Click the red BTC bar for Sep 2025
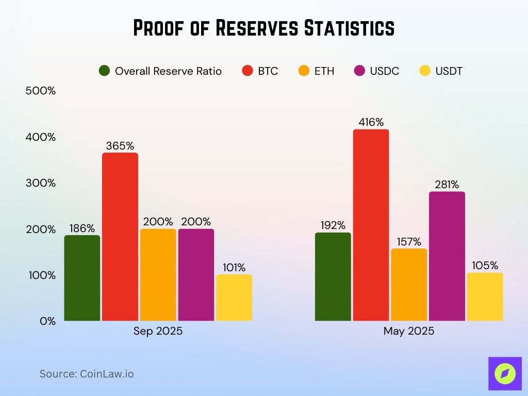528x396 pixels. pos(120,237)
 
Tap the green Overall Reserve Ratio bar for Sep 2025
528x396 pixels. pos(82,278)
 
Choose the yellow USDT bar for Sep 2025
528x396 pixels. pos(234,298)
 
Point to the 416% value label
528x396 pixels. pos(371,122)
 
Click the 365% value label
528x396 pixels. pos(119,146)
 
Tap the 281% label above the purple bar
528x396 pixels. pos(447,185)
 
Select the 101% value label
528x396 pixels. pos(234,268)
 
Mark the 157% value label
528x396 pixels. pos(409,242)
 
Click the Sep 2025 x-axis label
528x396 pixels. pos(158,331)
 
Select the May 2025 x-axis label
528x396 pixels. pos(409,331)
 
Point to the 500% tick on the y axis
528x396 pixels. pos(40,91)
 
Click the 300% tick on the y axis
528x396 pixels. pos(40,183)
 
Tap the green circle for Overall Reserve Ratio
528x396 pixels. pos(105,71)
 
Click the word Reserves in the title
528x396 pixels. pos(256,28)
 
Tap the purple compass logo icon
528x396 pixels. pos(505,373)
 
